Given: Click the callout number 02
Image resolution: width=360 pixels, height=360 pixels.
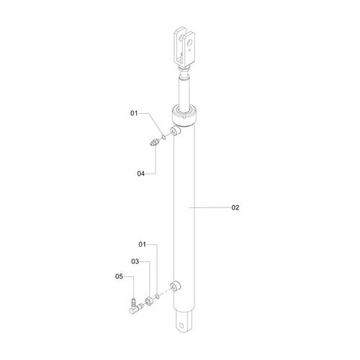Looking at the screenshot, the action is click(235, 207).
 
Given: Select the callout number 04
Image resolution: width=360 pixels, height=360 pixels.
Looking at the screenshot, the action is click(141, 174).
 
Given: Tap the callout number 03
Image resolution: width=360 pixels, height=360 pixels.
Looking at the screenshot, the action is click(135, 261).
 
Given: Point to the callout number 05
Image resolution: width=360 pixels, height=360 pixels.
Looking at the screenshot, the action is click(119, 276).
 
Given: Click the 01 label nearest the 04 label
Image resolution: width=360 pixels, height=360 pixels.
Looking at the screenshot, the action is click(134, 113).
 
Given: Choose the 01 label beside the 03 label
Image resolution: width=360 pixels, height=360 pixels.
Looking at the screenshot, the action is click(143, 245).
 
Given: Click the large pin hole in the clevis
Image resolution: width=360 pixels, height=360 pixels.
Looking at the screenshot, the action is click(190, 42).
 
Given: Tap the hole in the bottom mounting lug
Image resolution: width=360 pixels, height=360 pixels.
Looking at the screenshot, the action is click(181, 325).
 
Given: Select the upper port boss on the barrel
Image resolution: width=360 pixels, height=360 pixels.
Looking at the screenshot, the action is click(176, 131).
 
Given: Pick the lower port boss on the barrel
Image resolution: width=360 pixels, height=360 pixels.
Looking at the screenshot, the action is click(176, 286).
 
